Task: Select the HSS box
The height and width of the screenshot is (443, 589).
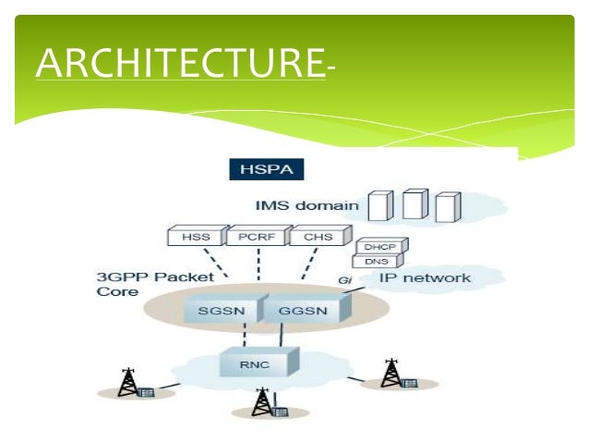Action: point(195,238)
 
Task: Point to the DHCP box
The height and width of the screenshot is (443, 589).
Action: point(376,248)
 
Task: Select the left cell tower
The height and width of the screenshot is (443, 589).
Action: point(129,382)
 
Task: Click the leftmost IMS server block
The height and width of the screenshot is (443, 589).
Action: point(377,206)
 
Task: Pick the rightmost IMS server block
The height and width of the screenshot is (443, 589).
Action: point(448,207)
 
